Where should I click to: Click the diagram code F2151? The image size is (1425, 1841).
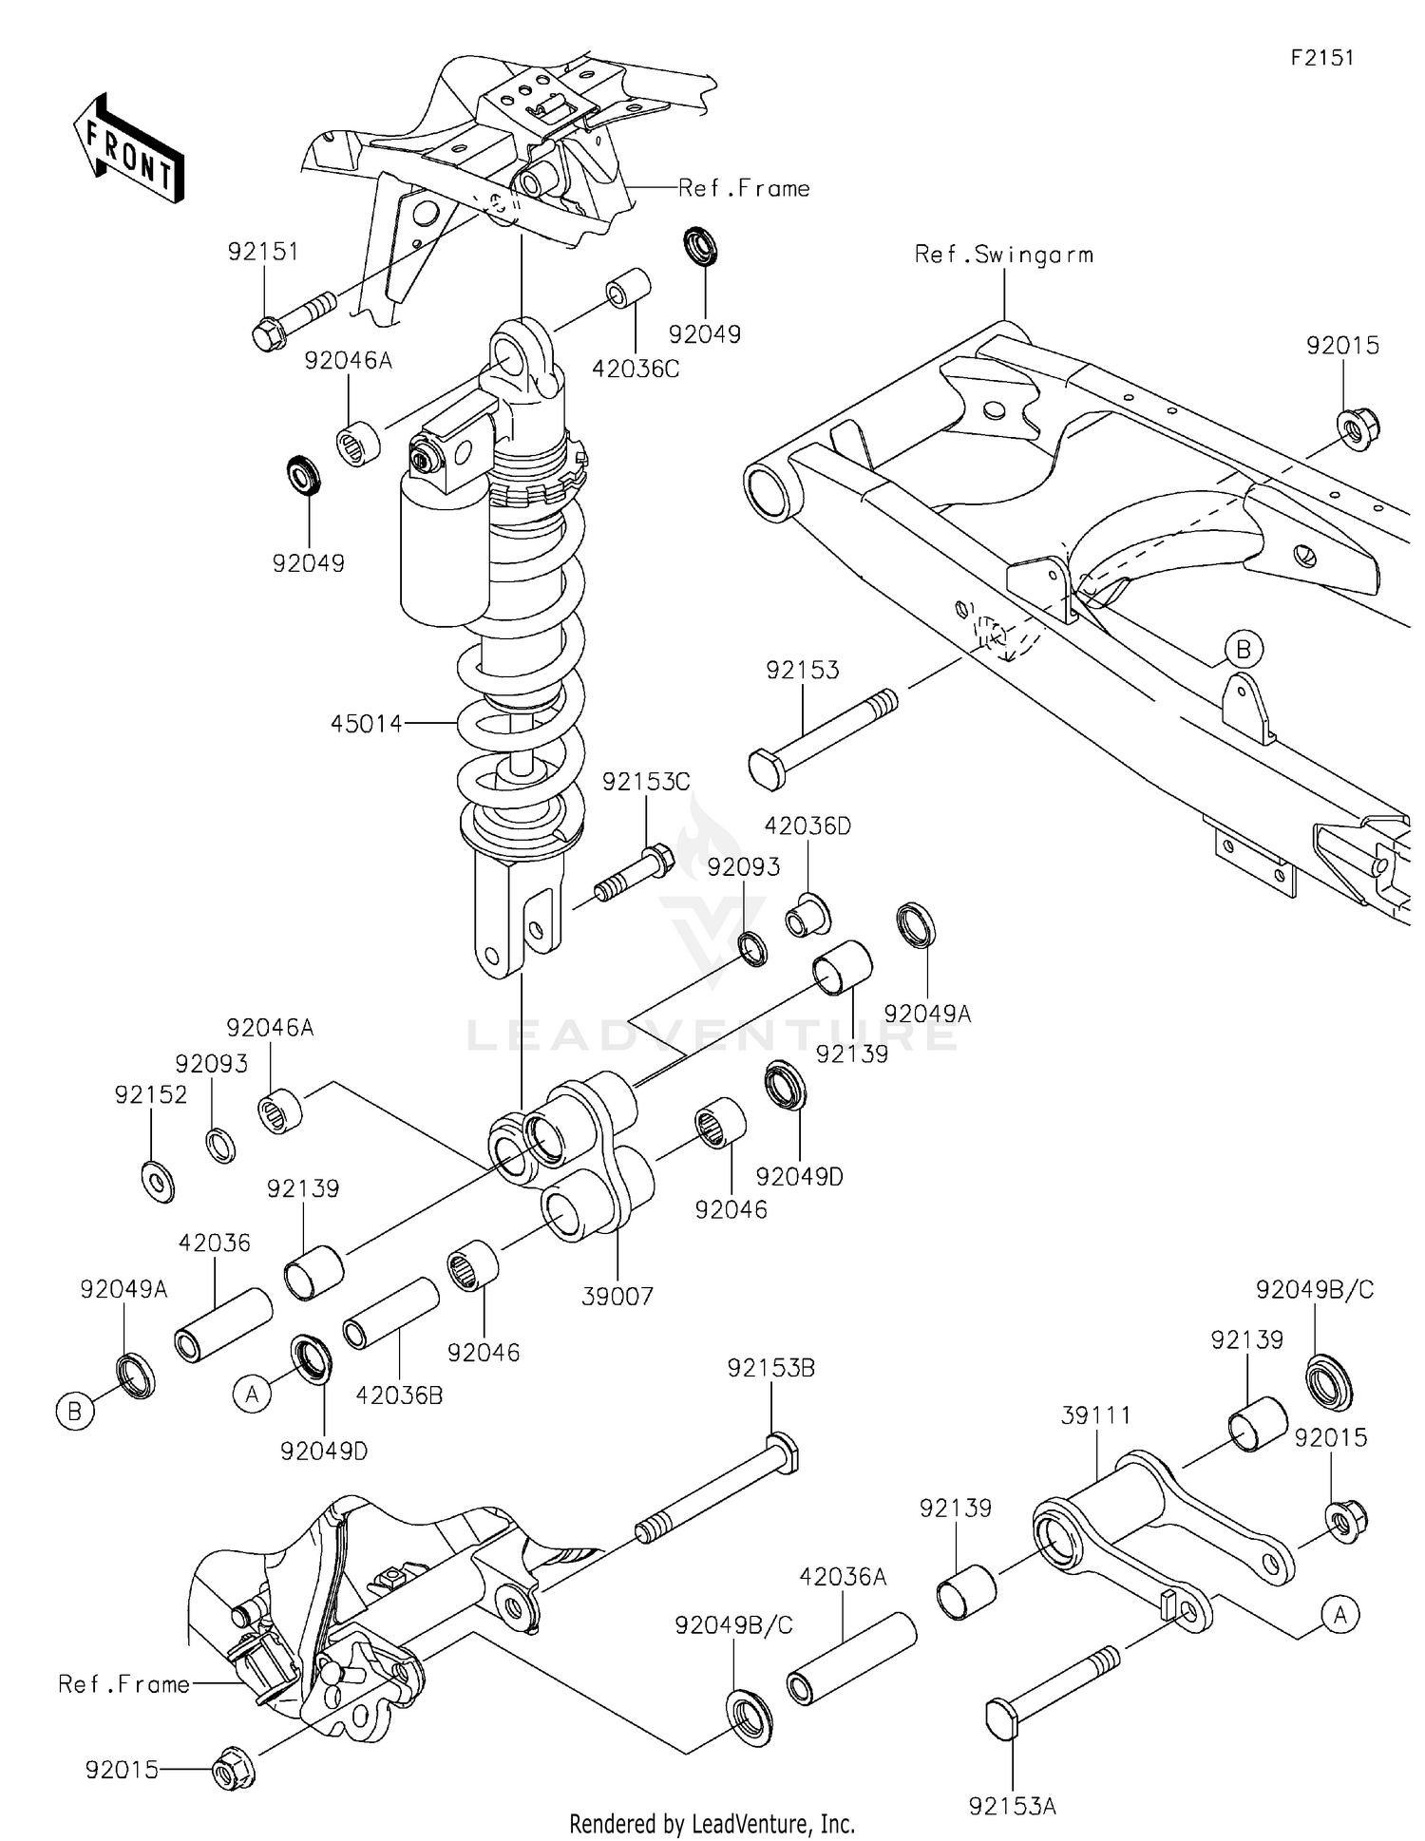pyautogui.click(x=1321, y=58)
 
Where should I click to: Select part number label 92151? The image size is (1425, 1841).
pyautogui.click(x=263, y=252)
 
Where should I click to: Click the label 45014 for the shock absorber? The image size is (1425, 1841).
pyautogui.click(x=367, y=724)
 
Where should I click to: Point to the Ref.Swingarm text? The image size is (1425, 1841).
pyautogui.click(x=1003, y=255)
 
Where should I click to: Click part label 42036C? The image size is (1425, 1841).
pyautogui.click(x=636, y=370)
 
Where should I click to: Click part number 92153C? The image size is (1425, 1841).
pyautogui.click(x=646, y=782)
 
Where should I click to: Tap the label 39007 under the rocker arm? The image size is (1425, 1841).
pyautogui.click(x=617, y=1297)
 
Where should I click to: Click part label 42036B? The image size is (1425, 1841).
pyautogui.click(x=399, y=1395)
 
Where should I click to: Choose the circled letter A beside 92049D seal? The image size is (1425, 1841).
pyautogui.click(x=252, y=1395)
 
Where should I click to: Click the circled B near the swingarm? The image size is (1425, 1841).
pyautogui.click(x=1243, y=650)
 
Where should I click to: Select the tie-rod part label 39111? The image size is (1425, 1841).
pyautogui.click(x=1095, y=1415)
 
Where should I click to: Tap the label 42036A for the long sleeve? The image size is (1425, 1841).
pyautogui.click(x=843, y=1577)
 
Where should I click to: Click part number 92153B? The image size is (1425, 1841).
pyautogui.click(x=770, y=1368)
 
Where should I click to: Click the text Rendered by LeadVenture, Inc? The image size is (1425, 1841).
pyautogui.click(x=712, y=1824)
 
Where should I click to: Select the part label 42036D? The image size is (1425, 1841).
pyautogui.click(x=807, y=826)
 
